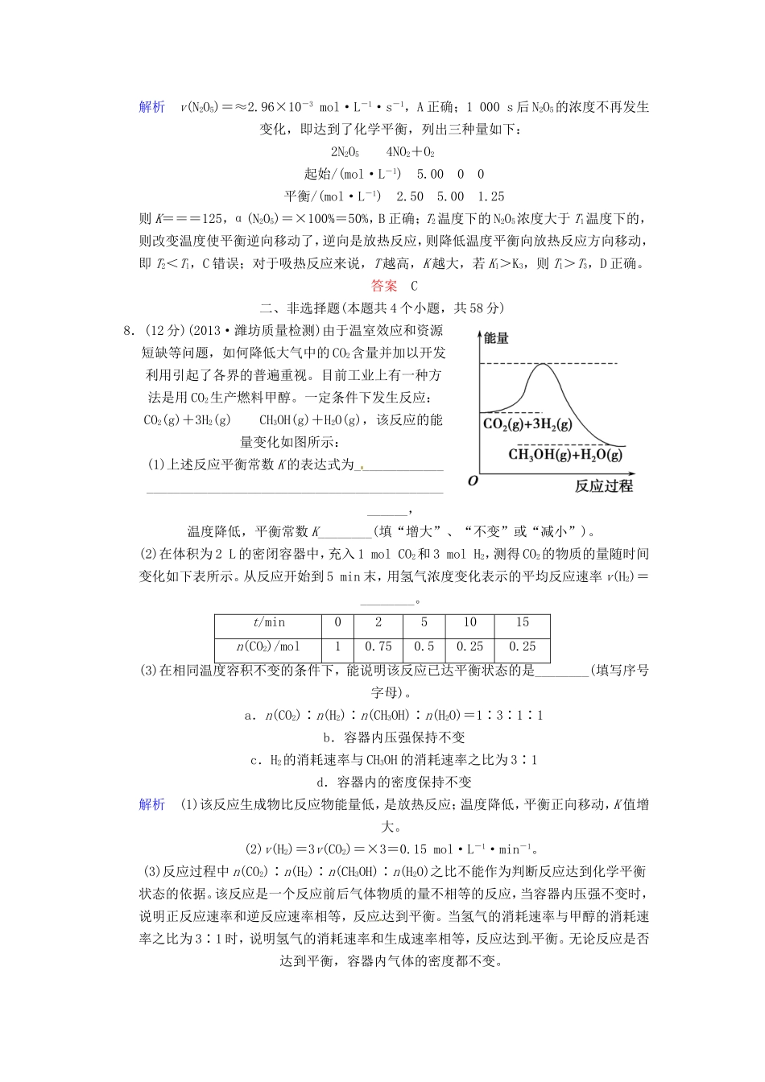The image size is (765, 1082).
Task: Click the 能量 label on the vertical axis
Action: (497, 338)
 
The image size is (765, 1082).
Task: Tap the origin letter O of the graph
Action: (473, 481)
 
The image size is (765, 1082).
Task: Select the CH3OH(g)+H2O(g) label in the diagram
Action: (565, 455)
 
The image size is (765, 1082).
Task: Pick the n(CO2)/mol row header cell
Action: (268, 646)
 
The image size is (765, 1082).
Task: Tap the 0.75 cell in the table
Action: (378, 646)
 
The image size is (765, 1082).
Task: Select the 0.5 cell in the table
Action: (424, 646)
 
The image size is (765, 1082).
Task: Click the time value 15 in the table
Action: (523, 622)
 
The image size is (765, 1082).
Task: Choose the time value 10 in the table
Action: (470, 622)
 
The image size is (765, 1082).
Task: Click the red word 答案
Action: (384, 285)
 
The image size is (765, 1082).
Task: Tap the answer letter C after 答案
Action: (415, 285)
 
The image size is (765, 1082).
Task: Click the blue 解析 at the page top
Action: (151, 107)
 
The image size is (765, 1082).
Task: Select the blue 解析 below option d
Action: (151, 804)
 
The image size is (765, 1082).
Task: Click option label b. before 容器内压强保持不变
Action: (328, 737)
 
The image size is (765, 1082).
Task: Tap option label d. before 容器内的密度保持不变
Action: (321, 782)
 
